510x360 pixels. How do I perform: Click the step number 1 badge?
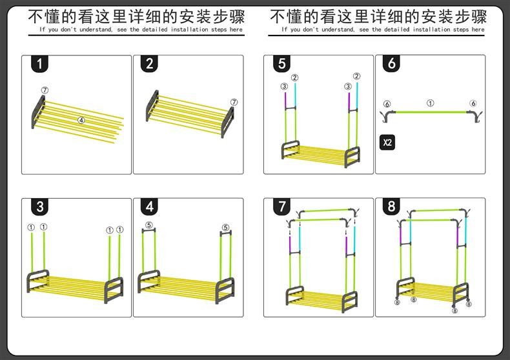click(40, 64)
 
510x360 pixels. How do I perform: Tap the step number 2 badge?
click(150, 64)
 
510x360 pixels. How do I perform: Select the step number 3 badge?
click(40, 207)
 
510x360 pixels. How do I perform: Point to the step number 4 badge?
click(150, 207)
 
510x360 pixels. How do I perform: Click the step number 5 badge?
click(281, 64)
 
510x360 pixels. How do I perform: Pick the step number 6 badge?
click(393, 64)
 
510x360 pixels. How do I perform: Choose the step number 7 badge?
click(281, 207)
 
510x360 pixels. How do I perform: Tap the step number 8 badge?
click(393, 207)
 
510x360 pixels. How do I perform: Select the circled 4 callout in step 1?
click(81, 120)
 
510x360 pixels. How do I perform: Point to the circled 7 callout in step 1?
click(45, 90)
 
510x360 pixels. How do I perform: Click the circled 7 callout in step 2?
click(234, 102)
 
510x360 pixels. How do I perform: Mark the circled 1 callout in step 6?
click(431, 103)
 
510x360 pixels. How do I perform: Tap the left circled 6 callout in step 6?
click(387, 104)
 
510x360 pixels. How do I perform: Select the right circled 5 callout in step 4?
click(225, 227)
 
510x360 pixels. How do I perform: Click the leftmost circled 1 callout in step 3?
click(31, 227)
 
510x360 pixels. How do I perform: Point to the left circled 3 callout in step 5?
click(284, 86)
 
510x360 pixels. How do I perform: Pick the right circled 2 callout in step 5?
click(356, 77)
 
